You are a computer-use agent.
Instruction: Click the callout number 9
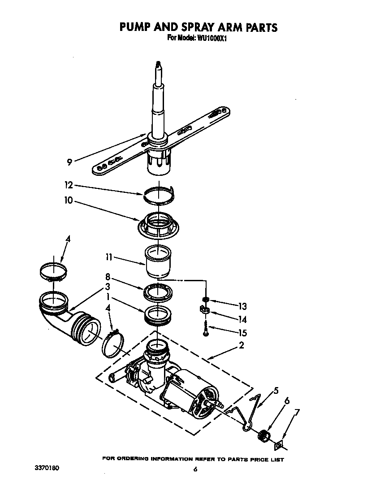click(69, 162)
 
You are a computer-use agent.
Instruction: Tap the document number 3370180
click(47, 468)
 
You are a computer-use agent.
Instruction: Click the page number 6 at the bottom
click(195, 469)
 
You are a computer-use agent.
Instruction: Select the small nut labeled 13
click(206, 299)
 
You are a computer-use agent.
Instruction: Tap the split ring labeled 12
click(157, 193)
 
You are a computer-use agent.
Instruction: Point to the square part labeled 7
click(279, 445)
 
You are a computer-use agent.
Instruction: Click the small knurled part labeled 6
click(264, 435)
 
